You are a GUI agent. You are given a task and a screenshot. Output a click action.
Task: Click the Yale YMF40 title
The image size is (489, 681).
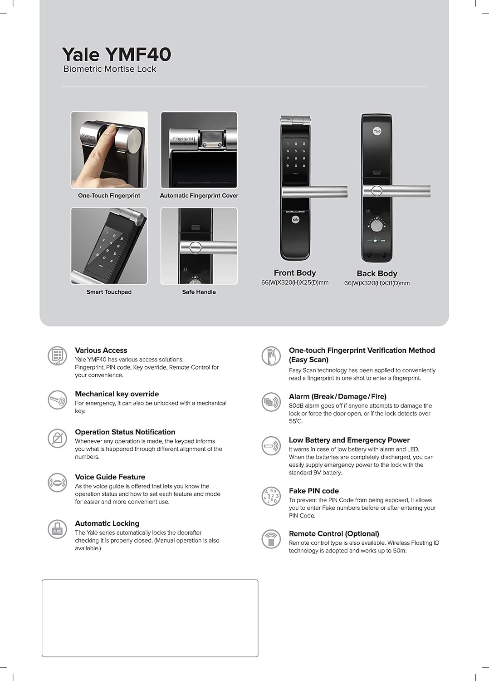[x=116, y=54]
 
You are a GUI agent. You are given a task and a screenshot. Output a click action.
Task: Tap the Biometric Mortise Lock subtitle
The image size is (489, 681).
[x=109, y=69]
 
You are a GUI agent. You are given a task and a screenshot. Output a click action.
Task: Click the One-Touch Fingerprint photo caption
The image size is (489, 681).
[x=109, y=196]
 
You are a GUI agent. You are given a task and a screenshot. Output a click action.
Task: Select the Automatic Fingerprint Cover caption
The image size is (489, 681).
[x=199, y=196]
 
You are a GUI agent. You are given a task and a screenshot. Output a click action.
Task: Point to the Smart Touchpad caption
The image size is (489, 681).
[x=109, y=292]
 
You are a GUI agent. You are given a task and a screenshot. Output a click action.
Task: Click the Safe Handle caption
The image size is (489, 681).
[x=199, y=292]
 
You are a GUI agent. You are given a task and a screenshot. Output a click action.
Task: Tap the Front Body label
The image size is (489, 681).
[x=294, y=273]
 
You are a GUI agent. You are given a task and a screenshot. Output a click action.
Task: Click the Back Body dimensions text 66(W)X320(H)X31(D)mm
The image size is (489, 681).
[x=377, y=283]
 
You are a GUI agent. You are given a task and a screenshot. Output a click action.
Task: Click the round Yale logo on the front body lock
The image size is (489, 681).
[x=295, y=220]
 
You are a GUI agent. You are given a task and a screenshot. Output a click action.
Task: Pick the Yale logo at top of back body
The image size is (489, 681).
[x=377, y=131]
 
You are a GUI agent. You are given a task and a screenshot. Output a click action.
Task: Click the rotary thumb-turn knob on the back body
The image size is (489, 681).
[x=376, y=226]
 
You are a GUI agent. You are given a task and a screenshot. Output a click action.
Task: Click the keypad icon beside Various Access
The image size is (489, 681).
[x=57, y=355]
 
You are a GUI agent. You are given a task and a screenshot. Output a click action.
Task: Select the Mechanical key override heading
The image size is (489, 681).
[x=117, y=394]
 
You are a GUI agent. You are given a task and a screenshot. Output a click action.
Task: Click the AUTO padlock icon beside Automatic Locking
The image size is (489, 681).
[x=57, y=529]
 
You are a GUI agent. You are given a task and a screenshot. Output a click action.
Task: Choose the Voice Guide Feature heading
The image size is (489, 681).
[x=110, y=477]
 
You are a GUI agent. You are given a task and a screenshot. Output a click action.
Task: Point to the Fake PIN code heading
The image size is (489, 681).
[x=313, y=491]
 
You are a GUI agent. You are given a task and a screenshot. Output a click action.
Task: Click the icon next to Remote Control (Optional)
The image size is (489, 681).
[x=271, y=539]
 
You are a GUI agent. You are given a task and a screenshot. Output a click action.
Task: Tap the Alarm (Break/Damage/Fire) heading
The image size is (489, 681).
[x=337, y=396]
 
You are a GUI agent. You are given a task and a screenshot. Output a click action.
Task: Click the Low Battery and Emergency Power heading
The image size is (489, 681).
[x=349, y=440]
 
